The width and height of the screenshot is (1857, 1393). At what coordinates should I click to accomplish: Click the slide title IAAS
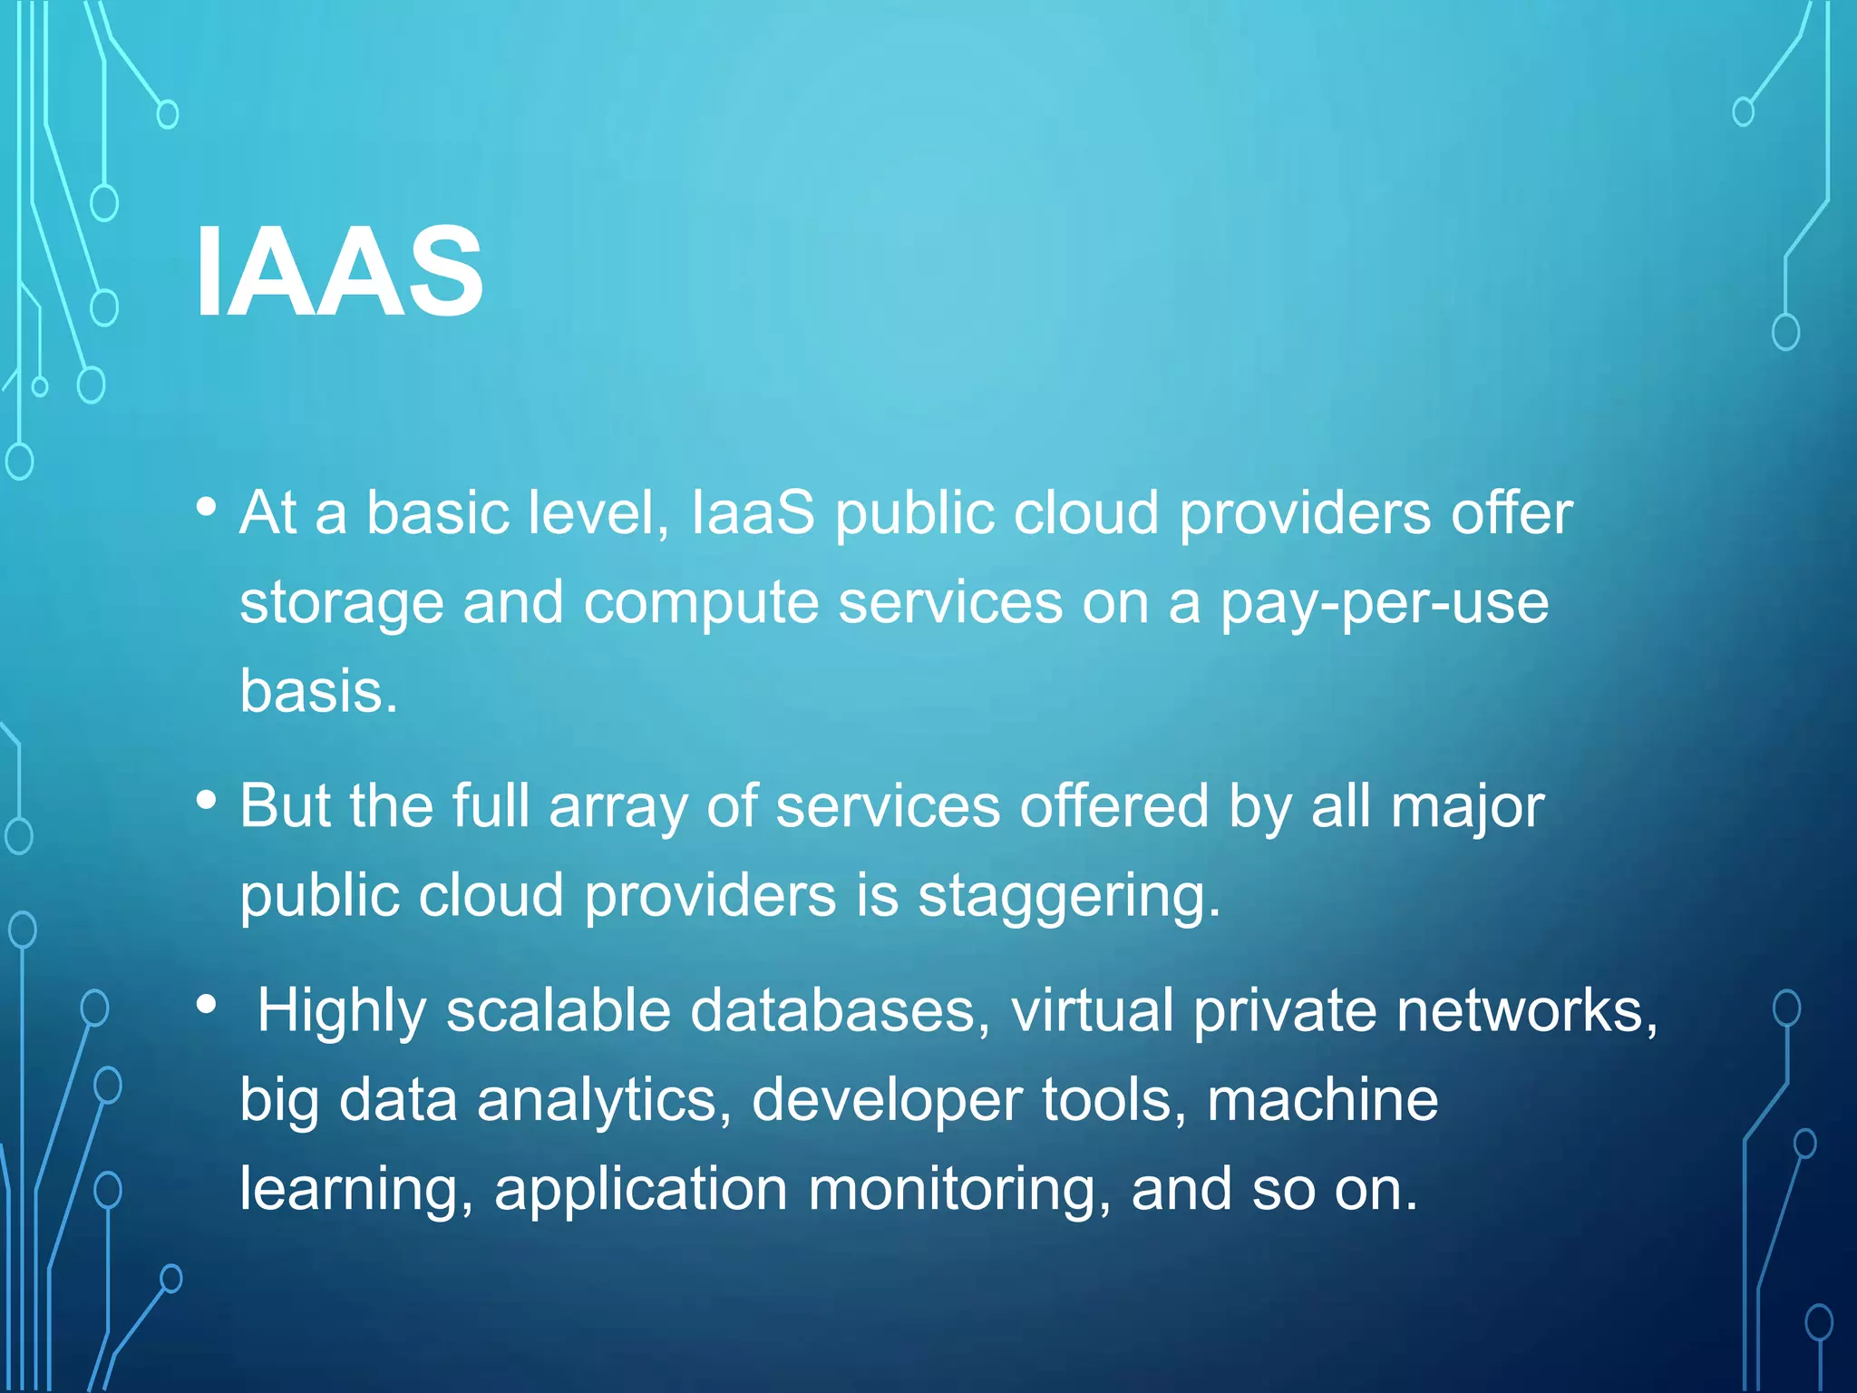click(x=339, y=272)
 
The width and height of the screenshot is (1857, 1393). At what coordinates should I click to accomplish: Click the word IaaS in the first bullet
click(x=753, y=513)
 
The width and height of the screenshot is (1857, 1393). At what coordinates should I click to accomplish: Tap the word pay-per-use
click(x=1385, y=604)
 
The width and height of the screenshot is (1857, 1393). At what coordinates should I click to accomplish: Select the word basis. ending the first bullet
click(x=318, y=691)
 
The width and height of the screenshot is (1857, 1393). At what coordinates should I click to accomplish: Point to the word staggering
click(x=1069, y=897)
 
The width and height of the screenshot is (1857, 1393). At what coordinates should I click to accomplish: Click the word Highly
click(x=342, y=1010)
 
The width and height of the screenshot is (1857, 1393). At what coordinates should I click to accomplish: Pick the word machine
click(x=1323, y=1100)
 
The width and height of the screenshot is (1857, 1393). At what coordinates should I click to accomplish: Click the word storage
click(x=342, y=604)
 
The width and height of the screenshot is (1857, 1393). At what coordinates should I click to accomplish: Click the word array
click(x=618, y=806)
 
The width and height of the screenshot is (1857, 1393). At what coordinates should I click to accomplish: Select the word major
click(x=1467, y=806)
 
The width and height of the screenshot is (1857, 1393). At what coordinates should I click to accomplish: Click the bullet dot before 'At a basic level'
click(x=207, y=506)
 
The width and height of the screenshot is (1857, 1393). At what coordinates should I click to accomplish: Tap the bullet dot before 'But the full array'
click(x=207, y=800)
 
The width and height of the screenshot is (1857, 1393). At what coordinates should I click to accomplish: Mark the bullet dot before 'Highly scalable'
click(x=207, y=1004)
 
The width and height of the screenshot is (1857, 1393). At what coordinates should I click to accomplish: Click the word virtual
click(x=1093, y=1010)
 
